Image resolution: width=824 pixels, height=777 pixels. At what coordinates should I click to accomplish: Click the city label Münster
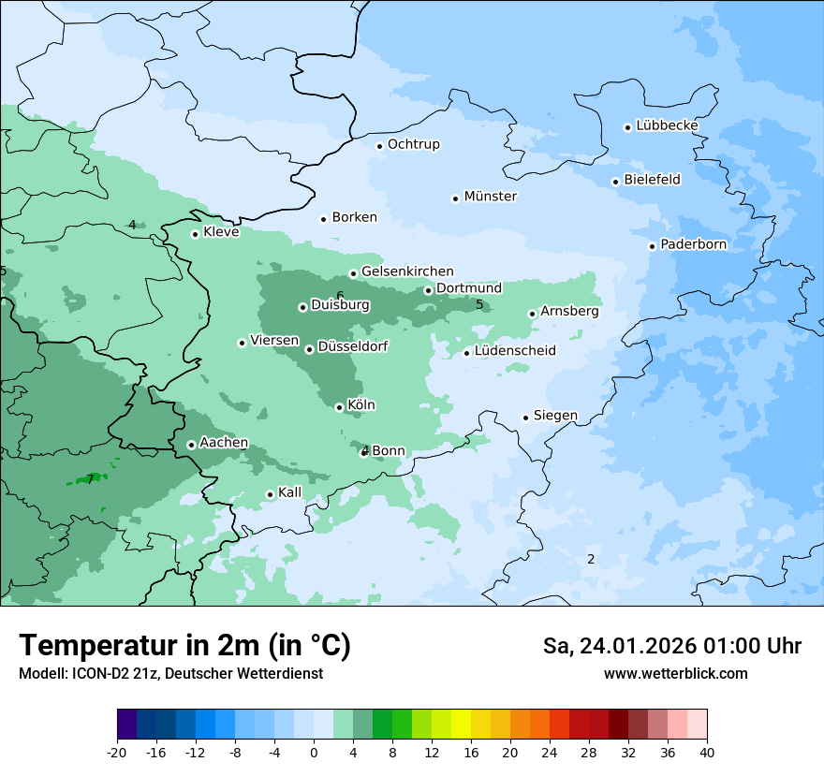(490, 197)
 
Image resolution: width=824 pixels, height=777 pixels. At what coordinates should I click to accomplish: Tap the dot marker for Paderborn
(652, 246)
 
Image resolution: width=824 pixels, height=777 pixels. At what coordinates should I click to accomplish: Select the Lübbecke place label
(667, 125)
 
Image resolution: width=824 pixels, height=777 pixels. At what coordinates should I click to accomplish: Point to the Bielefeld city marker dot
(615, 182)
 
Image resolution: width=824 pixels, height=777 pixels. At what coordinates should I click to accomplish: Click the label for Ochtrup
(413, 144)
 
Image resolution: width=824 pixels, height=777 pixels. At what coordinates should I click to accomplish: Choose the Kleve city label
(221, 232)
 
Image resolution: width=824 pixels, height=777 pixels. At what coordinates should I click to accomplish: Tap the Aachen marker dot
(191, 445)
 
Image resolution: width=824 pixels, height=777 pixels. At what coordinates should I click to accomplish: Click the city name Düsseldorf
(353, 346)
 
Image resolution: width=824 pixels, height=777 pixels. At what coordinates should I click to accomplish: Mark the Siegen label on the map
(555, 416)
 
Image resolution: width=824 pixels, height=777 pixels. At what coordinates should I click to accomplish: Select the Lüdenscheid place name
(515, 351)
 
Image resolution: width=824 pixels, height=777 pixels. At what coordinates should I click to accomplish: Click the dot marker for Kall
(270, 494)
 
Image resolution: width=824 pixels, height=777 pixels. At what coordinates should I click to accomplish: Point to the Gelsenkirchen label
(407, 271)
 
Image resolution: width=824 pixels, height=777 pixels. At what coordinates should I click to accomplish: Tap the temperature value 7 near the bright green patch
(90, 479)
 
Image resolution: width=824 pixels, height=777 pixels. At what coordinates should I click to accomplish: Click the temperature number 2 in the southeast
(591, 559)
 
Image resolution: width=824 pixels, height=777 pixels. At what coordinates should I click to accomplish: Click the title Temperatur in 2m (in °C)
(184, 645)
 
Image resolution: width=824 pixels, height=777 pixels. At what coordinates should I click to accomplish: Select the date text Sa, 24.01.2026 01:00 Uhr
(671, 646)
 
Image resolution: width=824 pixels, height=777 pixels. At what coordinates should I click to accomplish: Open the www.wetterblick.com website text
(675, 673)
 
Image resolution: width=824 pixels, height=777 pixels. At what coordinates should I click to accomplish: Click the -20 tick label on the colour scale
(117, 753)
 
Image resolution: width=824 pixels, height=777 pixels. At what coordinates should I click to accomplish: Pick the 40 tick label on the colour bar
(707, 753)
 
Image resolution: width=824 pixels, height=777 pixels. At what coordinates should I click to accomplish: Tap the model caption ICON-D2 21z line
(170, 673)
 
